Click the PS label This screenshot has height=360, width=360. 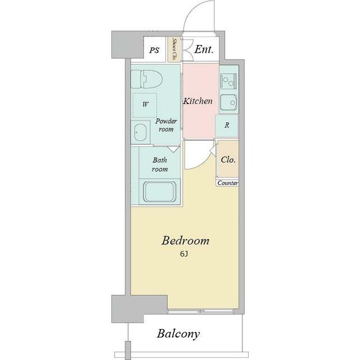[154, 50]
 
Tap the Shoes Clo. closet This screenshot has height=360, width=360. [174, 49]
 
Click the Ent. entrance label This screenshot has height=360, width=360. [204, 49]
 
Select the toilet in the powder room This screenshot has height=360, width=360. [147, 79]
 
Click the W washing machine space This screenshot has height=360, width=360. [145, 105]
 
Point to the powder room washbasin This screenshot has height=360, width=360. [140, 133]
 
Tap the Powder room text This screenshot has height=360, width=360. [166, 125]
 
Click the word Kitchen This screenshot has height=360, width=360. [197, 101]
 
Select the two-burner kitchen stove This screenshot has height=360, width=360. [228, 81]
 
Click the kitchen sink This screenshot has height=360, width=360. [228, 102]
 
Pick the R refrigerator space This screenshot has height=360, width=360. [227, 126]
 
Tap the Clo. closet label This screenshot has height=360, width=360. [228, 160]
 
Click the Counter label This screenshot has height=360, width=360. [227, 183]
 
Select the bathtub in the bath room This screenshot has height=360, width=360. [160, 192]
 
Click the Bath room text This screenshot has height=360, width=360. [160, 165]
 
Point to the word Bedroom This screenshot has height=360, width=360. [186, 241]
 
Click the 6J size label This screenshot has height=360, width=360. [184, 254]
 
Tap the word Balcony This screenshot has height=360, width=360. [178, 334]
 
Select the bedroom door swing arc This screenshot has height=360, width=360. [204, 163]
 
